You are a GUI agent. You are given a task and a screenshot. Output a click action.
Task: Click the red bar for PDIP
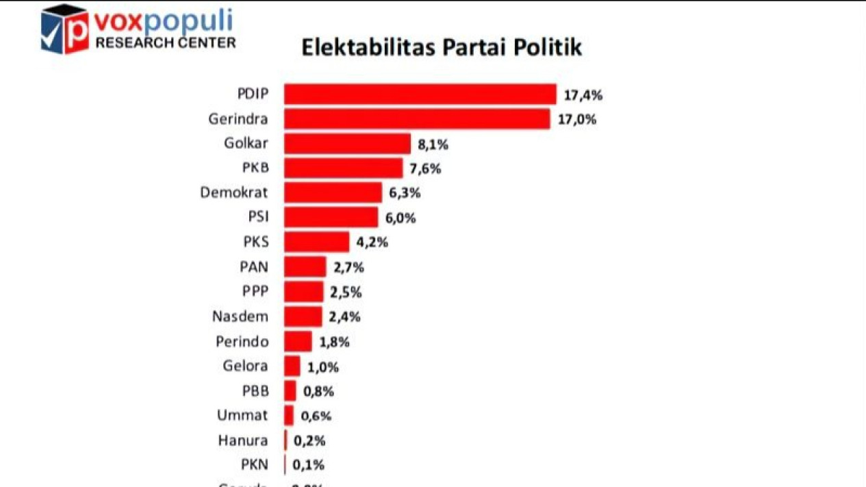[x=420, y=95]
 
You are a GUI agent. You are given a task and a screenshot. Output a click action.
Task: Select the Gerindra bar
[x=417, y=119]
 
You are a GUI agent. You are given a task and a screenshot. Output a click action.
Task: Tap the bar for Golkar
[x=347, y=144]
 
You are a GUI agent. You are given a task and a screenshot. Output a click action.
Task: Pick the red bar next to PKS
[x=316, y=242]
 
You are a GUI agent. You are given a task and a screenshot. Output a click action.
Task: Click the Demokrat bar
[x=333, y=192]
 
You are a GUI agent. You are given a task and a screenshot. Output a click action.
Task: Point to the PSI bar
[x=331, y=217]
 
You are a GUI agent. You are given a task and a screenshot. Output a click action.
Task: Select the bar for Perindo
[x=298, y=341]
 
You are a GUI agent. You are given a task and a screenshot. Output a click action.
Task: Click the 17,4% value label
[x=583, y=95]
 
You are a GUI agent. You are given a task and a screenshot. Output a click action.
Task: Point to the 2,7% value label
[x=349, y=267]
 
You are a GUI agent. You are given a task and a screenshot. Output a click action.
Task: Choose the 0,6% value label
[x=316, y=416]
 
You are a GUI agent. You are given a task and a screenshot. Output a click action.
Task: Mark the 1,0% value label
[x=322, y=367]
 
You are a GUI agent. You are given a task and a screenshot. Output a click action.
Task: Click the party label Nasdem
[x=240, y=316]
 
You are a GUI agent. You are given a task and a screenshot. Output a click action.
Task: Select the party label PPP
[x=255, y=291]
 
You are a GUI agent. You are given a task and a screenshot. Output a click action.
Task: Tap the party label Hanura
[x=243, y=440]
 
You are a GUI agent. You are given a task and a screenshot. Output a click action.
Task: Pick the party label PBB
[x=255, y=391]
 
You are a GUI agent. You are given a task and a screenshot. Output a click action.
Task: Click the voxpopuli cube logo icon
[x=64, y=30]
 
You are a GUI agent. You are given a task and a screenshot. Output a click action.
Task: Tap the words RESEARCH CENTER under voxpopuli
[x=165, y=43]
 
